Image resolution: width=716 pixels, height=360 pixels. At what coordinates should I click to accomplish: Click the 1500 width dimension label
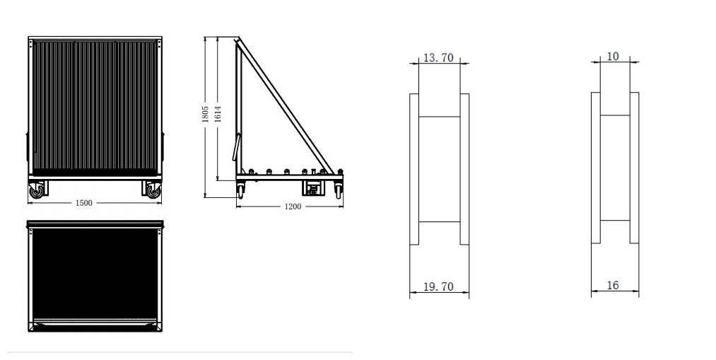(83, 204)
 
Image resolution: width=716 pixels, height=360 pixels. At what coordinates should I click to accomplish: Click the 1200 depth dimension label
(292, 207)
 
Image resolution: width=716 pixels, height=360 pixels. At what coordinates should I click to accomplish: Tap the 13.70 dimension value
(437, 58)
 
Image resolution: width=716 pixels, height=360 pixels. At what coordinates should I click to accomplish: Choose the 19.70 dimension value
(437, 286)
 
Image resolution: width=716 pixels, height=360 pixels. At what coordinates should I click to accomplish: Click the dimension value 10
(613, 56)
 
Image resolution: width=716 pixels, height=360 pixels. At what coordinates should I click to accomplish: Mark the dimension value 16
(613, 285)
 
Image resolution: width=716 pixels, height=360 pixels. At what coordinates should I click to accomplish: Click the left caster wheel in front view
(36, 190)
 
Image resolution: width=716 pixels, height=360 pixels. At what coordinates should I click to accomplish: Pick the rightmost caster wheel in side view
(339, 190)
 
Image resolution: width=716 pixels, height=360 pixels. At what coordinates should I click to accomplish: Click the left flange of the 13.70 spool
(413, 169)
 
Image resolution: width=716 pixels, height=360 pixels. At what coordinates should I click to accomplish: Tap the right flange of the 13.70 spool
(464, 169)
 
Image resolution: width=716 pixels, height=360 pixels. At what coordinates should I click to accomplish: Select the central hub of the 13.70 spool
(439, 169)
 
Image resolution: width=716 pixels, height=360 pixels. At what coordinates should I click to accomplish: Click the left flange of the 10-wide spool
(596, 168)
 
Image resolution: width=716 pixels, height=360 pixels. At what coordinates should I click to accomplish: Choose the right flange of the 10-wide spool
(635, 168)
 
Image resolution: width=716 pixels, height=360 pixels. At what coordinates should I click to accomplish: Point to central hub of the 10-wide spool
(615, 168)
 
